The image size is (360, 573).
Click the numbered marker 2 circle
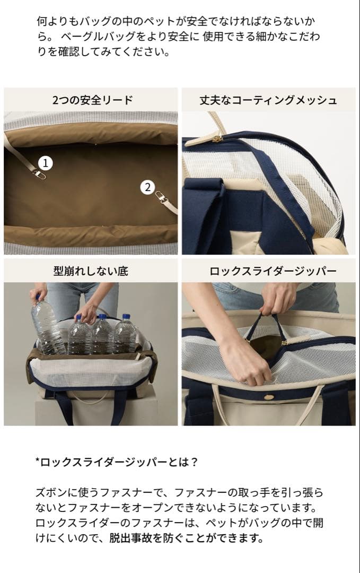147,187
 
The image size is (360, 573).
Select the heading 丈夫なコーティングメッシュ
268,100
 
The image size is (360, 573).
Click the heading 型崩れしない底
91,271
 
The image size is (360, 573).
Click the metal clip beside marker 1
38,173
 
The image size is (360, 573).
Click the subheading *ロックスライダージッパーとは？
117,462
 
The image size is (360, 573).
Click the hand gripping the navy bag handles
278,300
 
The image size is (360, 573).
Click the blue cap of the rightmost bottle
126,317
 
